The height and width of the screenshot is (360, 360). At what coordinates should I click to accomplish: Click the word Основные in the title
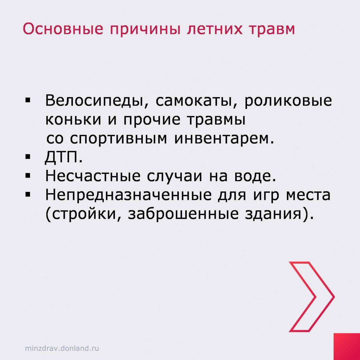point(63,29)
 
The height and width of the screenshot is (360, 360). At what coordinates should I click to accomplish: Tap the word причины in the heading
point(145,30)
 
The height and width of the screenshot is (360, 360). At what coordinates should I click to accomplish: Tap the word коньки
point(73,120)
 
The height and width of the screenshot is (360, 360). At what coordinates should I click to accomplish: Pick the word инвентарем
point(224,139)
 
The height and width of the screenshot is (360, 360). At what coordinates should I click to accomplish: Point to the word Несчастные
point(93,176)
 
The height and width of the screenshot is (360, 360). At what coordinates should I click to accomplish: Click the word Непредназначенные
point(128,195)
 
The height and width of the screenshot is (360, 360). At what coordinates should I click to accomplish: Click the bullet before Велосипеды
point(28,101)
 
